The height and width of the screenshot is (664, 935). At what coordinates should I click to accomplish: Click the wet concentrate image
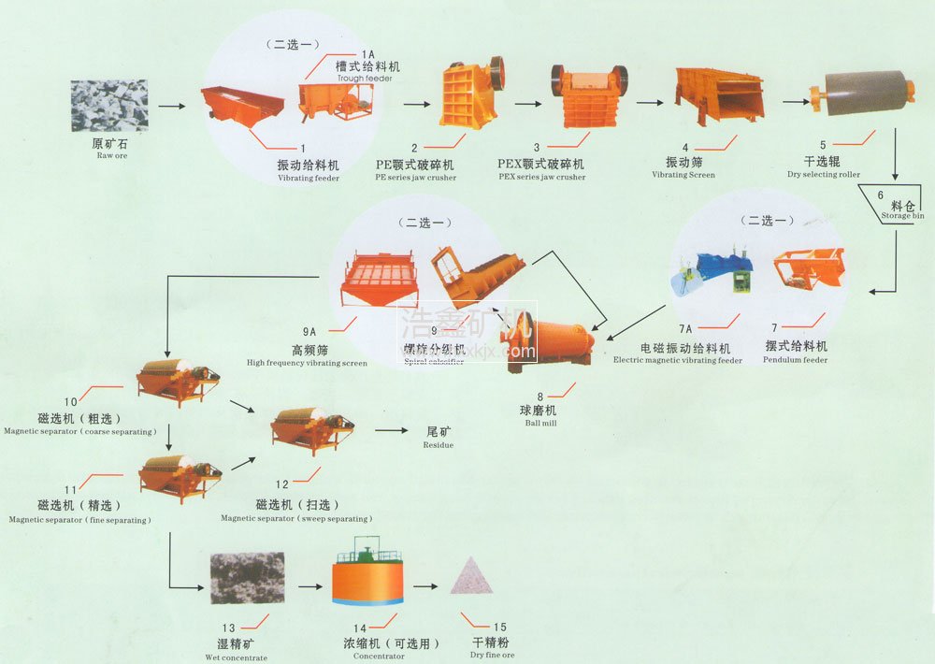[247, 577]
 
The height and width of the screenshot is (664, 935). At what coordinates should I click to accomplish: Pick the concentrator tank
[367, 572]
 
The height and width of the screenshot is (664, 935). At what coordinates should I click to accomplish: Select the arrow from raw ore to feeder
[171, 107]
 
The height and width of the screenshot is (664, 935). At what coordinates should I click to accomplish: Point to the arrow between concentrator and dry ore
[425, 586]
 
